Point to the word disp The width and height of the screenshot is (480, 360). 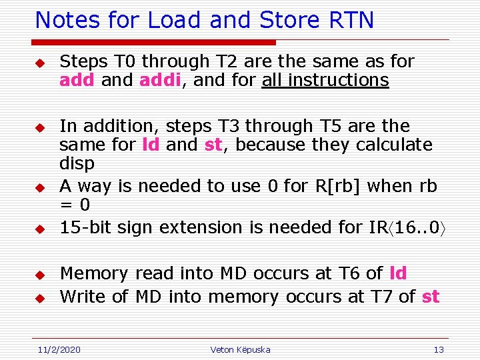click(77, 163)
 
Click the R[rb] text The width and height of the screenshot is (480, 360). click(343, 186)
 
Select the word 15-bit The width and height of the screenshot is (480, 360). click(85, 227)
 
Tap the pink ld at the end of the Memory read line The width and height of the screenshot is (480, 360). click(398, 273)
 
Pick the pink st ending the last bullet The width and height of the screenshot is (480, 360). click(431, 297)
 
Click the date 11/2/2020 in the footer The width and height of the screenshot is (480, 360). click(58, 349)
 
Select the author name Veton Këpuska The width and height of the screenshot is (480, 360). click(240, 349)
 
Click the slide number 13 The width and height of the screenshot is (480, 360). click(438, 349)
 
